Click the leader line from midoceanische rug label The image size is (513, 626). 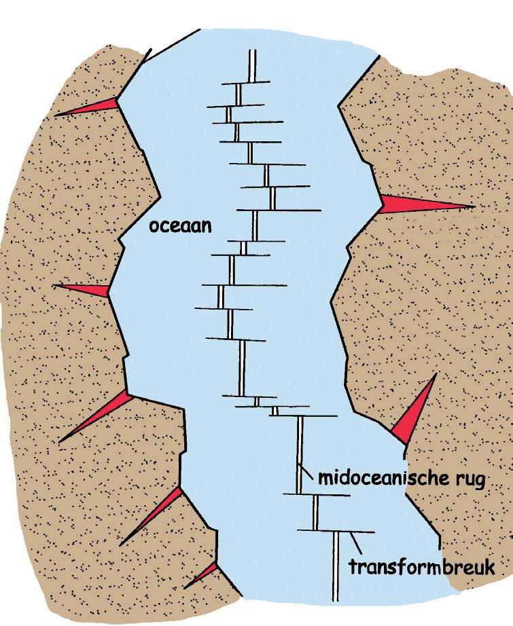point(309,473)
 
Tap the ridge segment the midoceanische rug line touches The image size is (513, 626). point(300,455)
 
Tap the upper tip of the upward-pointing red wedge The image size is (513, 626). point(435,375)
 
